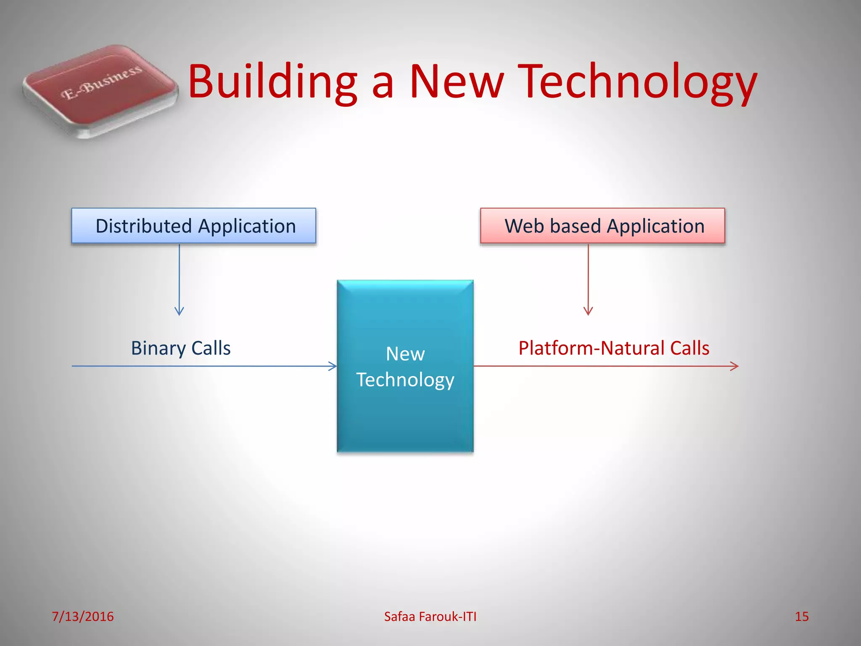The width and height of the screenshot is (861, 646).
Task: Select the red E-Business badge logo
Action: [100, 90]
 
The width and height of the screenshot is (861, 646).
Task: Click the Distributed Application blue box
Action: [193, 226]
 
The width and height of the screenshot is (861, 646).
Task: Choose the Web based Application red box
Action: [602, 226]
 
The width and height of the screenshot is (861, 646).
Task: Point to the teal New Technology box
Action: [405, 366]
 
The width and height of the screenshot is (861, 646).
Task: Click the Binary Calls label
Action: [181, 348]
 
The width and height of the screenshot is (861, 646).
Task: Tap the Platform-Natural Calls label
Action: [614, 348]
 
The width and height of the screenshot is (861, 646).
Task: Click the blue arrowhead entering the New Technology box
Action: [333, 366]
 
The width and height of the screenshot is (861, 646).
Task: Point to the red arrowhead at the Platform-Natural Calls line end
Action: [735, 366]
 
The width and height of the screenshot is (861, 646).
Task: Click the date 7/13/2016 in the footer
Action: [82, 617]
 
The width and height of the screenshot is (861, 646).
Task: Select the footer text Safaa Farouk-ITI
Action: [430, 617]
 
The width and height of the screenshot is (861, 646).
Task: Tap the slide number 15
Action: [801, 617]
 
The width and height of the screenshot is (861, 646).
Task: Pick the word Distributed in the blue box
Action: [144, 226]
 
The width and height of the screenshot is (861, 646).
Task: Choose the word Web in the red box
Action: [524, 226]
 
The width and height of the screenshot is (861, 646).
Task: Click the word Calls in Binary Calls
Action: [211, 348]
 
